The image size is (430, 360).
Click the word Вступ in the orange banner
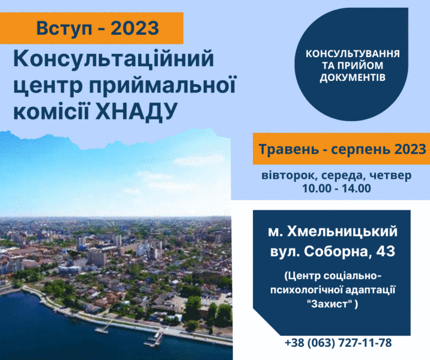point(64,29)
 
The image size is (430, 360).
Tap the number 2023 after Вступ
point(135,28)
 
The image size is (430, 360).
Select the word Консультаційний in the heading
point(114,58)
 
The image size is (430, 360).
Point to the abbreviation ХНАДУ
point(136,111)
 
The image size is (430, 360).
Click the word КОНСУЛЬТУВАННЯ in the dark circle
point(353,53)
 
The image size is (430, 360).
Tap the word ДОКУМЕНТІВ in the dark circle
point(353,77)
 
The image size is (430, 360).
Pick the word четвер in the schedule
point(390,176)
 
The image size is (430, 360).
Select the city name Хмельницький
point(342,232)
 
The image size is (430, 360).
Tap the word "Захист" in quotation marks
point(330,304)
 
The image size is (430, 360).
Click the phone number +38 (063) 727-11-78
point(338,343)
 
